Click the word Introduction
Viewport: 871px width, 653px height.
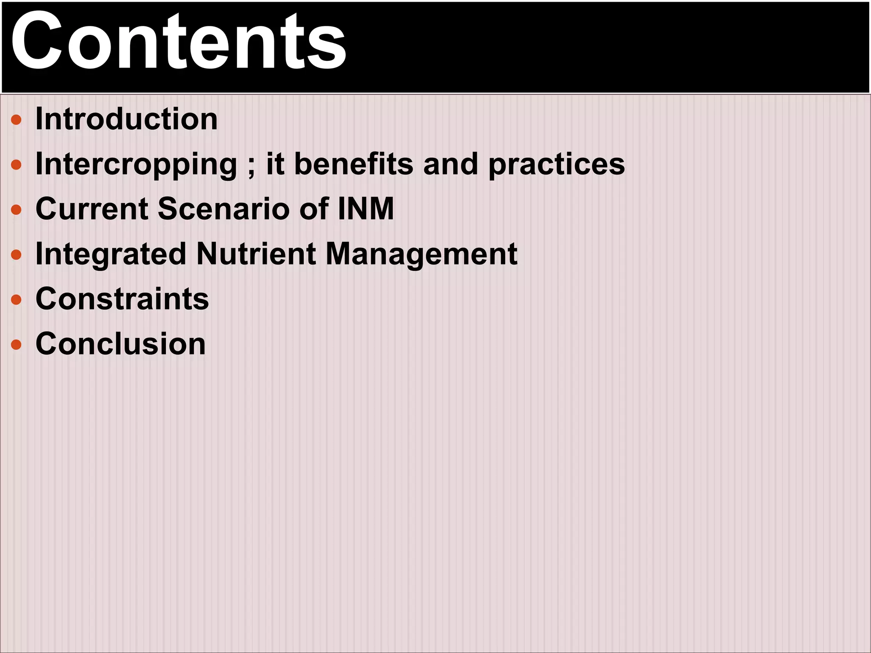[x=126, y=119]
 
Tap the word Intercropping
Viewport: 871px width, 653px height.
[x=136, y=165]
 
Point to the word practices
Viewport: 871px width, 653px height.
[x=557, y=165]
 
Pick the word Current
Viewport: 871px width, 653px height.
[x=92, y=209]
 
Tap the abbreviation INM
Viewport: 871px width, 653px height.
[x=366, y=209]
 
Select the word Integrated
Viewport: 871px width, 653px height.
[x=111, y=254]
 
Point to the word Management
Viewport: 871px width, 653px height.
[x=421, y=254]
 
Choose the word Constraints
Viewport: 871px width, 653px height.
[x=122, y=299]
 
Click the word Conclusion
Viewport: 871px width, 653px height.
[x=121, y=344]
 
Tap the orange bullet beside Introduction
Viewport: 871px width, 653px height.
[x=16, y=119]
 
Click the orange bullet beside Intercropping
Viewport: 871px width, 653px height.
[x=16, y=165]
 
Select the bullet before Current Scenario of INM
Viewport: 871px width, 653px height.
[x=16, y=210]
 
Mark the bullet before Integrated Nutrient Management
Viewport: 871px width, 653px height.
[x=16, y=255]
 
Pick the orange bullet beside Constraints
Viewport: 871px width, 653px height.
[x=16, y=300]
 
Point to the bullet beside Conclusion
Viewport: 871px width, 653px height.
[x=16, y=344]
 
